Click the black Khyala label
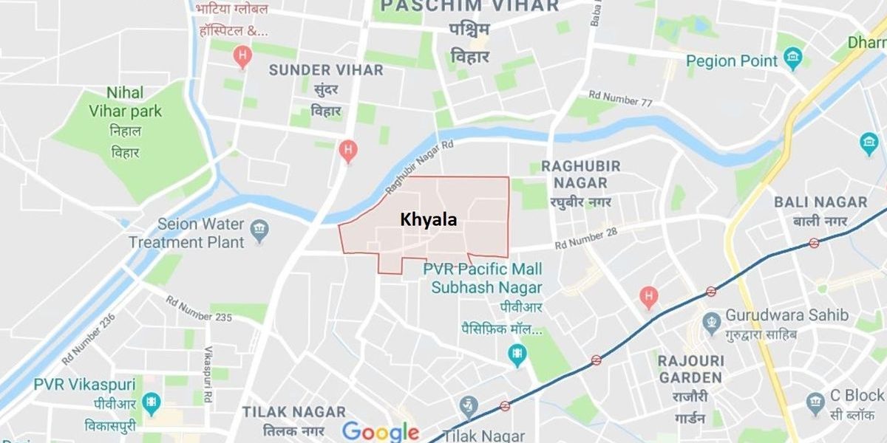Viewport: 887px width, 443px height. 428,219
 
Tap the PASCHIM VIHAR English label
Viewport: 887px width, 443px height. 469,7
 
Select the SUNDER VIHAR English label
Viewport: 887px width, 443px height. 326,70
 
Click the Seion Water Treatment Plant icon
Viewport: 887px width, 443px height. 259,230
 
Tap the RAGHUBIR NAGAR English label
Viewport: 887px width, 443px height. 580,174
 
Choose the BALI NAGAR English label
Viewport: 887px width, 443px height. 820,202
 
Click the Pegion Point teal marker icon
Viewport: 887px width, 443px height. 793,59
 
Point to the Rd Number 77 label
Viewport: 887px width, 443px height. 620,99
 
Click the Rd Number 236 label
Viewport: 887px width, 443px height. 89,337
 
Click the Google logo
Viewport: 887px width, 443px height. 380,432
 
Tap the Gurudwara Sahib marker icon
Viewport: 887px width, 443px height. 711,321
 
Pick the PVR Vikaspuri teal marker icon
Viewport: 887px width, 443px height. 152,402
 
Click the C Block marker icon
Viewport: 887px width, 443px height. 815,403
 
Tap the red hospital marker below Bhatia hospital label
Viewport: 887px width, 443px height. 242,56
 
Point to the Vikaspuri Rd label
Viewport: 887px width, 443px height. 208,368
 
